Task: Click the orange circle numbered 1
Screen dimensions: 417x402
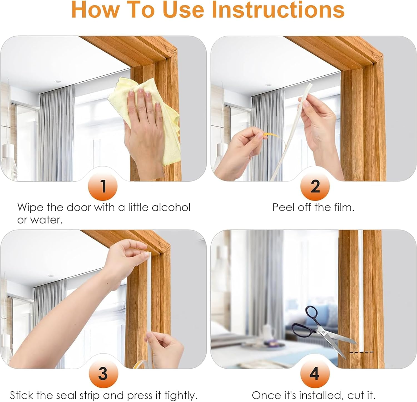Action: pos(103,186)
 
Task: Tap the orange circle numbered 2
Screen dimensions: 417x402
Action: pos(315,186)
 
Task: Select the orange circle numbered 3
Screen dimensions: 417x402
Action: pos(103,373)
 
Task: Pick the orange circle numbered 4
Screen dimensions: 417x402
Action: pos(315,373)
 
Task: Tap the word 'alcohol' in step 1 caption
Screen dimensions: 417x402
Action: pos(171,207)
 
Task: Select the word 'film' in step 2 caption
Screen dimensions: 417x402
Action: pos(344,207)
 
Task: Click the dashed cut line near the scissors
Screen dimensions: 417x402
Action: pos(361,352)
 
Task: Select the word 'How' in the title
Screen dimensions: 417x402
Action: pos(90,10)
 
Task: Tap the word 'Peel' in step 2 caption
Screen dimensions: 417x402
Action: pos(283,207)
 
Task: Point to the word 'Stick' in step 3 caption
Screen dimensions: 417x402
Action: pos(21,395)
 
